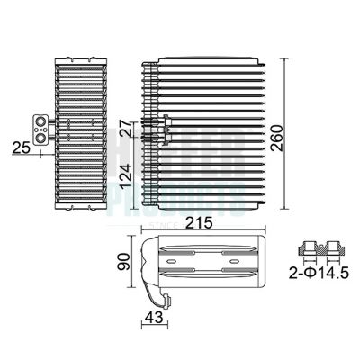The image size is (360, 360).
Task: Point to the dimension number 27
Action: [127, 130]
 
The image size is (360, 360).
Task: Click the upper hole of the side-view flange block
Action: [40, 119]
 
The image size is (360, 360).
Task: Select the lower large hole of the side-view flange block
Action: [40, 132]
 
